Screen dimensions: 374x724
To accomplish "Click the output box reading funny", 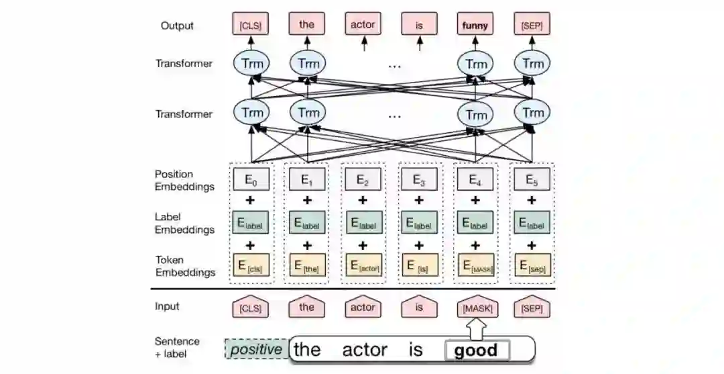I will (475, 26).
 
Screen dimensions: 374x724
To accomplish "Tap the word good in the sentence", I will (476, 350).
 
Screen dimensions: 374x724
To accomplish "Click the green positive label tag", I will (256, 350).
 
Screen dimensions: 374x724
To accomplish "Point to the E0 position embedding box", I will (251, 179).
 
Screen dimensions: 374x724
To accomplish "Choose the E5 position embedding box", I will (532, 179).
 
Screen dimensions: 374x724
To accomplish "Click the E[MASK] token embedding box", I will (475, 266).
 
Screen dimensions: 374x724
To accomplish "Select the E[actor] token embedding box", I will (363, 266).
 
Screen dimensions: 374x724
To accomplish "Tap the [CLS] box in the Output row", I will (251, 26).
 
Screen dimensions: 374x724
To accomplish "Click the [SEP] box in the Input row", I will (532, 308).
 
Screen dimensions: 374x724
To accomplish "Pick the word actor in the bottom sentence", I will (364, 350).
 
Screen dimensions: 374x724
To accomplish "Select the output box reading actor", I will (363, 26).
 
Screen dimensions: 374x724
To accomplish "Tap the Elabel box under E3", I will (419, 222).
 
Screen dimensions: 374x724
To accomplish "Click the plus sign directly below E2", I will (363, 200).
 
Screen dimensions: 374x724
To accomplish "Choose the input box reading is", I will (419, 308).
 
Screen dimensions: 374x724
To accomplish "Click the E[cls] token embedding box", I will (251, 266).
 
